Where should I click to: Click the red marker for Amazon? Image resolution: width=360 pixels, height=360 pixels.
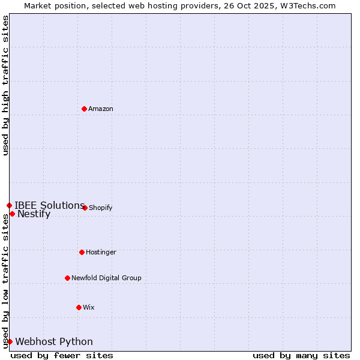85,109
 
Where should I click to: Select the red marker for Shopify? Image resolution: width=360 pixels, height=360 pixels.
85,208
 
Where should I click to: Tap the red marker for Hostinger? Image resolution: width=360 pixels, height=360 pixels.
82,252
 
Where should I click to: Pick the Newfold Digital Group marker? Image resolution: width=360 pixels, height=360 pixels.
68,278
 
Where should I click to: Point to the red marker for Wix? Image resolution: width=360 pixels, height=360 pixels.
79,307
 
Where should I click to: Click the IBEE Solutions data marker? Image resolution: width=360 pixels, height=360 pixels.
9,205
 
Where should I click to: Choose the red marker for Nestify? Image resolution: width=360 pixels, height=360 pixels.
12,214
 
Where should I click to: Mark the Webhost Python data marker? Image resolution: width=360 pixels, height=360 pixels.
10,341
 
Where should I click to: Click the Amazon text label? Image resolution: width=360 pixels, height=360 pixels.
101,109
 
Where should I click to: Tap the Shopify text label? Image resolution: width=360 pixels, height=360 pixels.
101,208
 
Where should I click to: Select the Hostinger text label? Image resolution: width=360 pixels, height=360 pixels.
101,252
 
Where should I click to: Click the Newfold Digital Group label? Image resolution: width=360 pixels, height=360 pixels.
106,278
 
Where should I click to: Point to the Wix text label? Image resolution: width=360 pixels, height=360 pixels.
89,307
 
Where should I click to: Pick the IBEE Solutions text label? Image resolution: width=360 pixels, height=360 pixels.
49,205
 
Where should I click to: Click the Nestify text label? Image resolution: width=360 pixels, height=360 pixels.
34,214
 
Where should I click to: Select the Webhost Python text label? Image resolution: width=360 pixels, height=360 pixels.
54,342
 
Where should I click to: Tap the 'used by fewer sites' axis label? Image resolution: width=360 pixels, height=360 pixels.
62,355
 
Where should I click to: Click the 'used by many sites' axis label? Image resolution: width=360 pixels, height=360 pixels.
301,355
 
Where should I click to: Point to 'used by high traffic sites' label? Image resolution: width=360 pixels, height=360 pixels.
5,85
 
